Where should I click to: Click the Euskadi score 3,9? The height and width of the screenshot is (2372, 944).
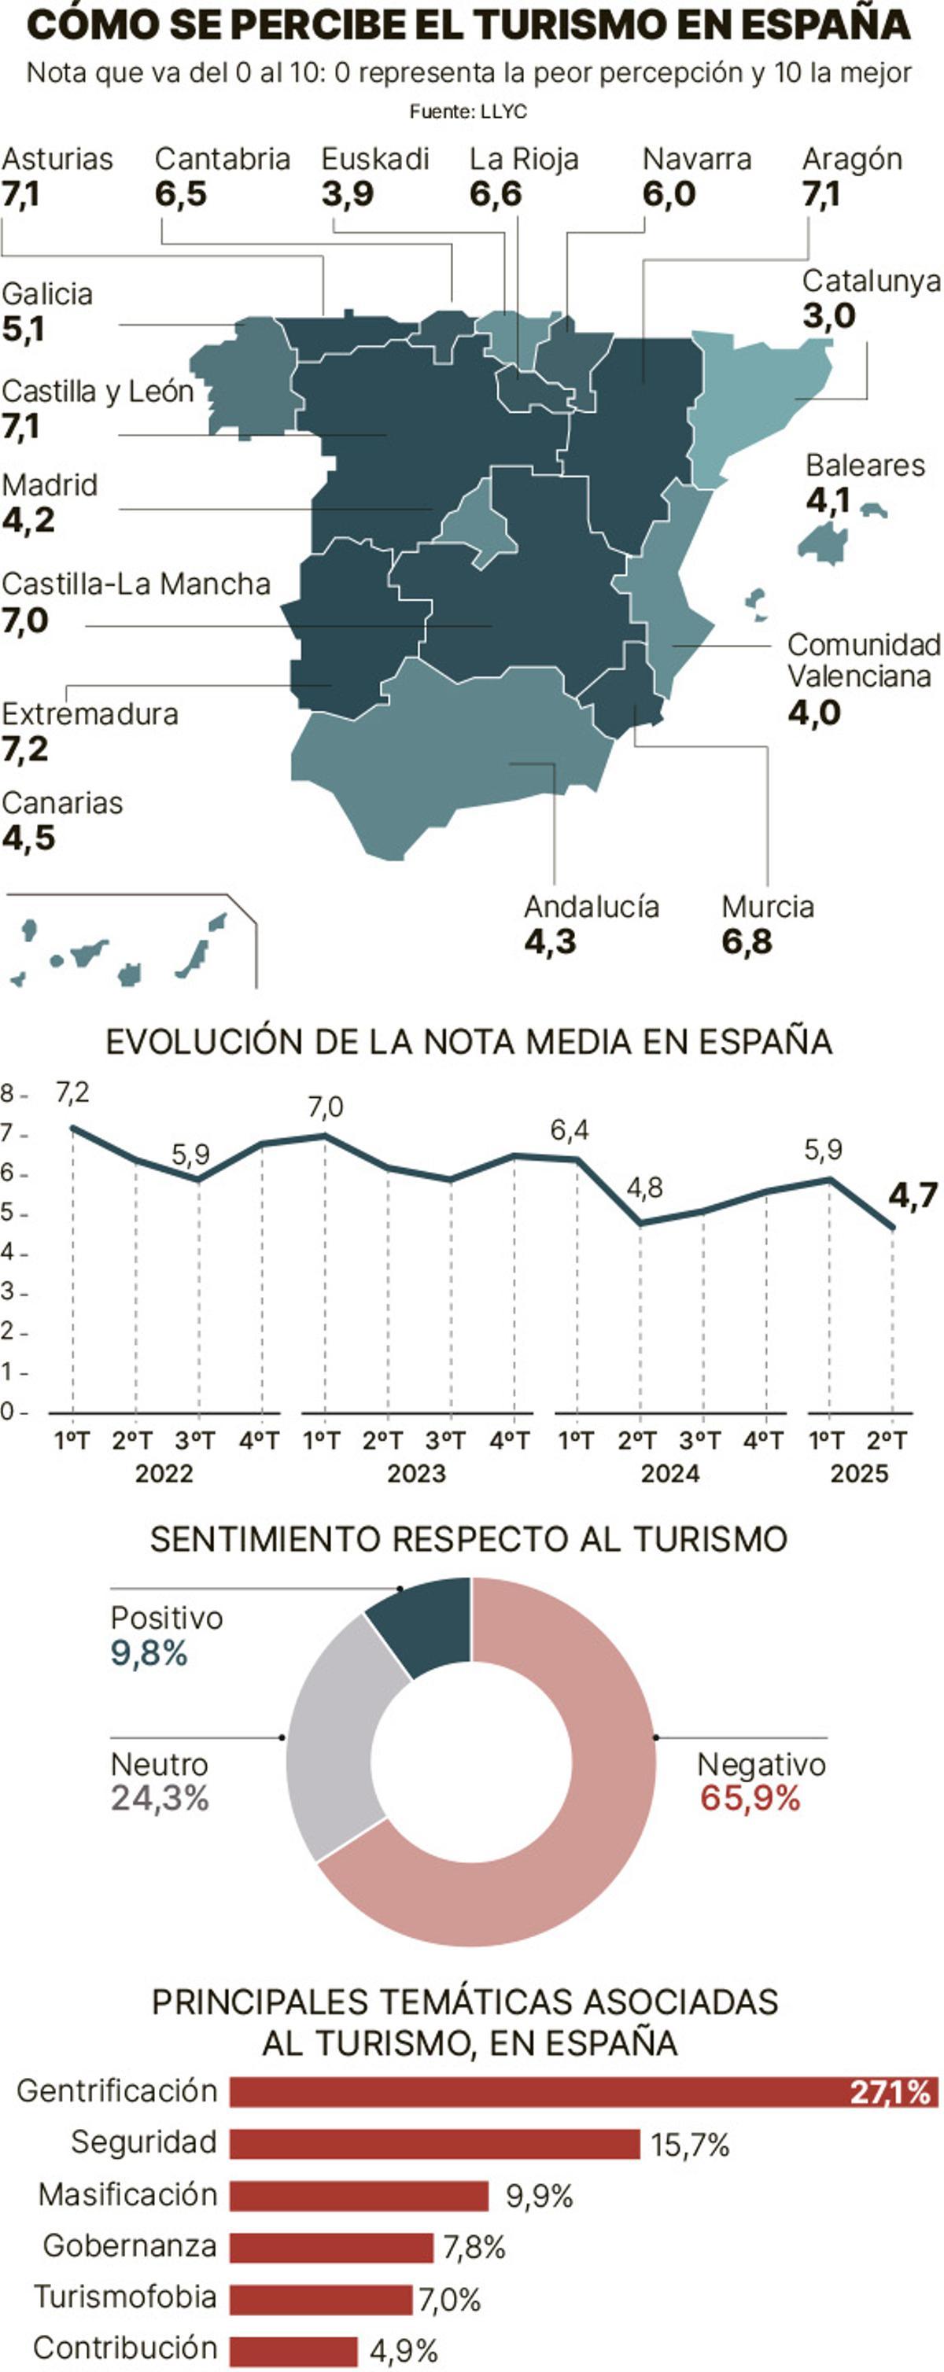coord(347,194)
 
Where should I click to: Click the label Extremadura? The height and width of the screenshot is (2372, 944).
coord(90,715)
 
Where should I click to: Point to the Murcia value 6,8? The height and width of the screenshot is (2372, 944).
coord(746,942)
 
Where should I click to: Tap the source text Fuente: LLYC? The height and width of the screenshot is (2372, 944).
coord(468,112)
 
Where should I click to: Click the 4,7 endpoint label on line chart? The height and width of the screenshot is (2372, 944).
coord(912,1195)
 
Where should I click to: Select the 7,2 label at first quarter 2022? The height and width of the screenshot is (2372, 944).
coord(72,1092)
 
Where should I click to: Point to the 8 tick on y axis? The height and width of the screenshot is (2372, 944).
coord(7,1094)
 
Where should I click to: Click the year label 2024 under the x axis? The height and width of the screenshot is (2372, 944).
coord(669,1474)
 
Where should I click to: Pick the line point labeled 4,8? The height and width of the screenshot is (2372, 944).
coord(641,1224)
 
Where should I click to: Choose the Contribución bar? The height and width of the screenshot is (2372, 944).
coord(293,2351)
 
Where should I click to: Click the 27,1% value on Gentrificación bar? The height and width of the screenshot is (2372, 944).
coord(889,2092)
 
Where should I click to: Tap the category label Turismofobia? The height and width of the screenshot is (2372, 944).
coord(125,2296)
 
